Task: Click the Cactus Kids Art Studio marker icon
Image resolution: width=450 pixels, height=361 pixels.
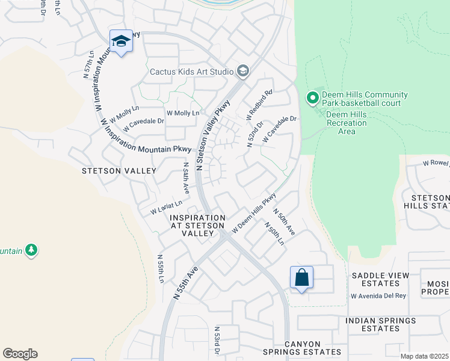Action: [243, 72]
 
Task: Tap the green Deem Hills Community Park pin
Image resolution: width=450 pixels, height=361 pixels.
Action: [312, 97]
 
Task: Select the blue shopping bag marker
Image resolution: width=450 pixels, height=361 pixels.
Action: [301, 278]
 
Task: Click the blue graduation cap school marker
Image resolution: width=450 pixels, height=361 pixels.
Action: [121, 42]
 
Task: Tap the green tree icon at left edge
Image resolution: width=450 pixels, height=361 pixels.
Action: [31, 250]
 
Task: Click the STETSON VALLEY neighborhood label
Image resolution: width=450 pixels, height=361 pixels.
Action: [119, 171]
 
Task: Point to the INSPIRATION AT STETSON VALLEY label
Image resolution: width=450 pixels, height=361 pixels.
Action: [198, 225]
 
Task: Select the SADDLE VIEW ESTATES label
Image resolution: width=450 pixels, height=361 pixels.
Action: [380, 280]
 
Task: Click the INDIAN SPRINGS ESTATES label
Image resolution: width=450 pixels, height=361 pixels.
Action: [381, 324]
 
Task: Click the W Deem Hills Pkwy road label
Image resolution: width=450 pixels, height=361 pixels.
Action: [254, 214]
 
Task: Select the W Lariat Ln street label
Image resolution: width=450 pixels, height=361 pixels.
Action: [166, 208]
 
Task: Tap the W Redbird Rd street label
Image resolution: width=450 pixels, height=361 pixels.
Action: [259, 104]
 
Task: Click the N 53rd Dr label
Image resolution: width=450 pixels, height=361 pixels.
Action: [217, 341]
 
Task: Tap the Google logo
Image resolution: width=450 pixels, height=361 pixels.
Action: [20, 354]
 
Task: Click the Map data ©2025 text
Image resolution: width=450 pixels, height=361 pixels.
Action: [424, 356]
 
